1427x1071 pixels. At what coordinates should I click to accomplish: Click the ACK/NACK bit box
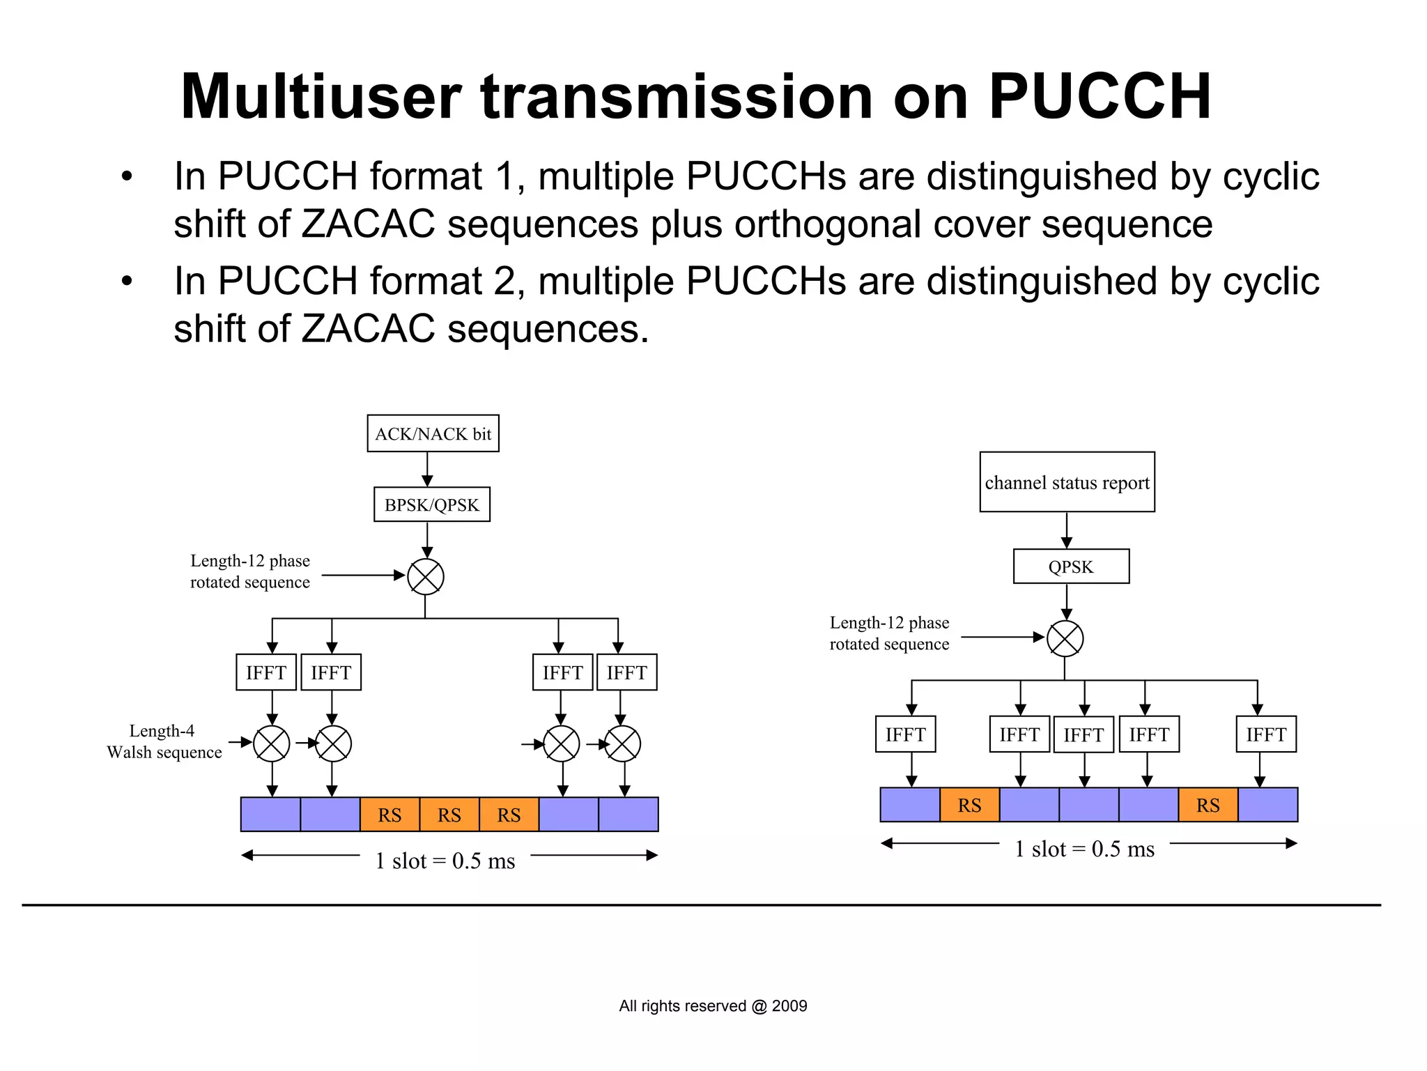(433, 433)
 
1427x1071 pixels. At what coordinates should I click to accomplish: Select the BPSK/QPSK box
(431, 504)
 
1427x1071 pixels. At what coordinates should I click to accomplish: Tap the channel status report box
(1067, 482)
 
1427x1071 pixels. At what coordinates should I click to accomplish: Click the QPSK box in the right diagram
(1071, 567)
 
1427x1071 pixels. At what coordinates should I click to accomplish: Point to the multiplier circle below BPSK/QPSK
(426, 576)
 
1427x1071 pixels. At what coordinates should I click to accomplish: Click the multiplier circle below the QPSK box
(1065, 638)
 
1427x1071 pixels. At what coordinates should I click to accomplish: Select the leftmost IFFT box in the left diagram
(266, 672)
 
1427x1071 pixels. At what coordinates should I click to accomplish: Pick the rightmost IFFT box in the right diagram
(1266, 734)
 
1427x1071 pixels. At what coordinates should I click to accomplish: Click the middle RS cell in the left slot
(449, 815)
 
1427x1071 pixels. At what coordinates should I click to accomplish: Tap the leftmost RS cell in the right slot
(969, 805)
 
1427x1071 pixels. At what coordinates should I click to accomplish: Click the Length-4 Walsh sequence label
(164, 741)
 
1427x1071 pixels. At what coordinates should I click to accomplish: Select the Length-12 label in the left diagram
(250, 571)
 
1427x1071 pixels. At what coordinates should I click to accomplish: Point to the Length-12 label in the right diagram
(889, 633)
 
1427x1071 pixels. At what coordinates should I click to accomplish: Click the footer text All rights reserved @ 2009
(713, 1005)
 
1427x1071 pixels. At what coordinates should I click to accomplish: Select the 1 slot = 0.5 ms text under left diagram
(445, 861)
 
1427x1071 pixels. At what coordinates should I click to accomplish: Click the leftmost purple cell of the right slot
(910, 805)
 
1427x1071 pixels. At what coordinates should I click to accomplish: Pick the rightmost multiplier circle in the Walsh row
(622, 743)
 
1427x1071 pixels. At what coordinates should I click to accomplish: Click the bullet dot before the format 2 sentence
(126, 282)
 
